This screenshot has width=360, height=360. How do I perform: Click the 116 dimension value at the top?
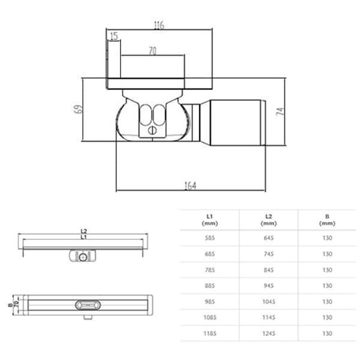click(158, 25)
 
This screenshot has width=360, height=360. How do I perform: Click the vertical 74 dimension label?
click(280, 112)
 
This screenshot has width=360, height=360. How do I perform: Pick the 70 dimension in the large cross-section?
click(152, 52)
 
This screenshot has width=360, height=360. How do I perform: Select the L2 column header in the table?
click(268, 218)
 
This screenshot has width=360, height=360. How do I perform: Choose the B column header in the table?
click(326, 218)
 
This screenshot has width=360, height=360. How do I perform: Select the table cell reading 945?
click(268, 286)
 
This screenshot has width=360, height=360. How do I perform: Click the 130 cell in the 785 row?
click(326, 269)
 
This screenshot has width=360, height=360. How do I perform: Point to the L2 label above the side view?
click(84, 231)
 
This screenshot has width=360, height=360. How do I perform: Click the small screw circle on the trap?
click(152, 128)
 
